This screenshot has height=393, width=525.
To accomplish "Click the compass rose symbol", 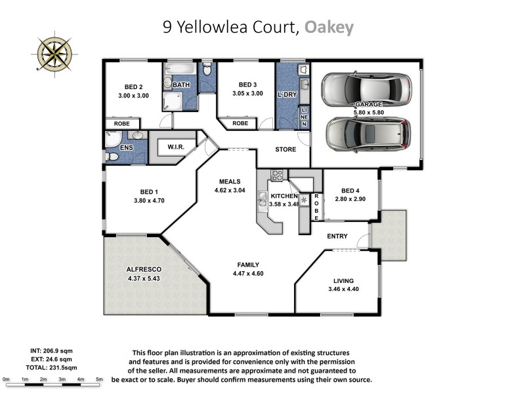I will (x=53, y=52).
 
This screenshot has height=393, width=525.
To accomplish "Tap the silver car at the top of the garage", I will (x=362, y=87).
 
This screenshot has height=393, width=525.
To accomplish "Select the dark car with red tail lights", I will (x=368, y=133).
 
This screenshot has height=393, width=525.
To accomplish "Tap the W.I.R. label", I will (x=175, y=147).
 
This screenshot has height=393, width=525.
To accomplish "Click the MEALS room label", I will (x=229, y=181).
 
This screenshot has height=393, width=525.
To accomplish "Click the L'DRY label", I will (x=287, y=95).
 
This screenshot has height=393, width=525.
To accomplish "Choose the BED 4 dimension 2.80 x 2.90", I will (x=350, y=198).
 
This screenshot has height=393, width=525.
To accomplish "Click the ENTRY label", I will (x=337, y=236).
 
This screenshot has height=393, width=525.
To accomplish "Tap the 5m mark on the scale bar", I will (x=100, y=379).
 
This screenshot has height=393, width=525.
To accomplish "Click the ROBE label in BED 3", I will (x=240, y=123).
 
